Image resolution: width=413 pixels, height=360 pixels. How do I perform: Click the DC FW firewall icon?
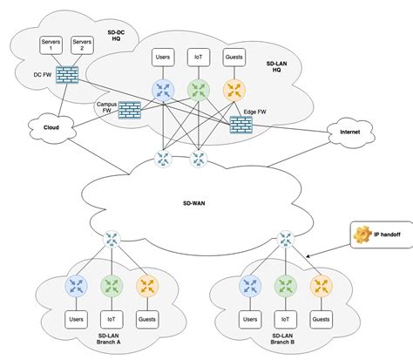click(x=67, y=75)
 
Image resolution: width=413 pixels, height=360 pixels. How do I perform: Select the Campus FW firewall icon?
click(x=130, y=110)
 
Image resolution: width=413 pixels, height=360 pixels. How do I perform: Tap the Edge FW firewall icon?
click(x=241, y=125)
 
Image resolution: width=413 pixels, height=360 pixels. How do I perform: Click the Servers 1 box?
click(x=51, y=45)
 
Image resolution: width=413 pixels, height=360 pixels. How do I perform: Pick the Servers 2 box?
click(x=82, y=45)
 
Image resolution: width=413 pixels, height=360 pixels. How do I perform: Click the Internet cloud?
click(x=350, y=132)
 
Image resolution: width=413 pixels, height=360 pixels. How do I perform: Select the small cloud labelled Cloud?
click(x=51, y=128)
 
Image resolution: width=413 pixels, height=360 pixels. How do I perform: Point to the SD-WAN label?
click(x=194, y=203)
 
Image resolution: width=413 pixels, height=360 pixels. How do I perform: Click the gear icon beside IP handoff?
click(x=362, y=234)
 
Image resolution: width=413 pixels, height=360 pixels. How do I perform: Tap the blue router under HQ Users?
click(x=163, y=90)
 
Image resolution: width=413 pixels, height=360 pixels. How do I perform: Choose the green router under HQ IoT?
click(x=199, y=90)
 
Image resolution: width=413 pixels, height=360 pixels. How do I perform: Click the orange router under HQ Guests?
click(x=234, y=90)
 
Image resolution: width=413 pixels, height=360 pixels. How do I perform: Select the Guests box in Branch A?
click(x=147, y=320)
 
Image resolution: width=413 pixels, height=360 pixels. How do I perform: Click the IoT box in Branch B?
click(x=286, y=320)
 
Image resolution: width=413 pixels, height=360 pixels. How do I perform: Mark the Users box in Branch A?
click(x=76, y=320)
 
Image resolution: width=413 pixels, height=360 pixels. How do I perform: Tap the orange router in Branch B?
click(x=321, y=286)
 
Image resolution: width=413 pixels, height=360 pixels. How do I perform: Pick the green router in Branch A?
click(x=112, y=286)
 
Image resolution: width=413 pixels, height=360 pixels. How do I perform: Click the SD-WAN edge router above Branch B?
click(x=286, y=239)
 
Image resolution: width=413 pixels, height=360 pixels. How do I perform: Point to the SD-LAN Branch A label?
click(x=108, y=339)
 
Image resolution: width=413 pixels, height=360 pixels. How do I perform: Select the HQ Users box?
click(x=163, y=58)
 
